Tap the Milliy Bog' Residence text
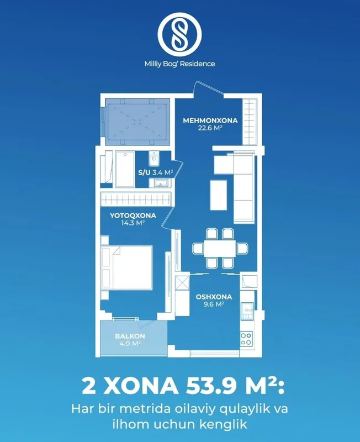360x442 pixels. click(x=179, y=64)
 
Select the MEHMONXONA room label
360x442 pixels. click(x=210, y=120)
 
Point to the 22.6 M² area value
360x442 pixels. click(x=210, y=128)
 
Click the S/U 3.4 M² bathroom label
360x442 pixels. click(x=156, y=172)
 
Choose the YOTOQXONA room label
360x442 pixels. click(x=133, y=215)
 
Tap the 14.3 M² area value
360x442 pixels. click(x=133, y=223)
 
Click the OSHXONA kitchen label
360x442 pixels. click(x=214, y=297)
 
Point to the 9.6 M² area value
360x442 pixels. click(x=214, y=304)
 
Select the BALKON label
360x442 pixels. click(x=130, y=336)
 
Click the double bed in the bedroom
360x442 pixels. click(x=127, y=268)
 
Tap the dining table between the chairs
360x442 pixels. click(x=220, y=248)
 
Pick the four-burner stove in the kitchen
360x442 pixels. click(x=246, y=339)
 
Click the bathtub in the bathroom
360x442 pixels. click(x=125, y=169)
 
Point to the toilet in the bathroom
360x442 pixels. click(x=154, y=159)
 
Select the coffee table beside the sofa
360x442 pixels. click(x=219, y=195)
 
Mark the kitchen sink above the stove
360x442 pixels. click(x=247, y=311)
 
